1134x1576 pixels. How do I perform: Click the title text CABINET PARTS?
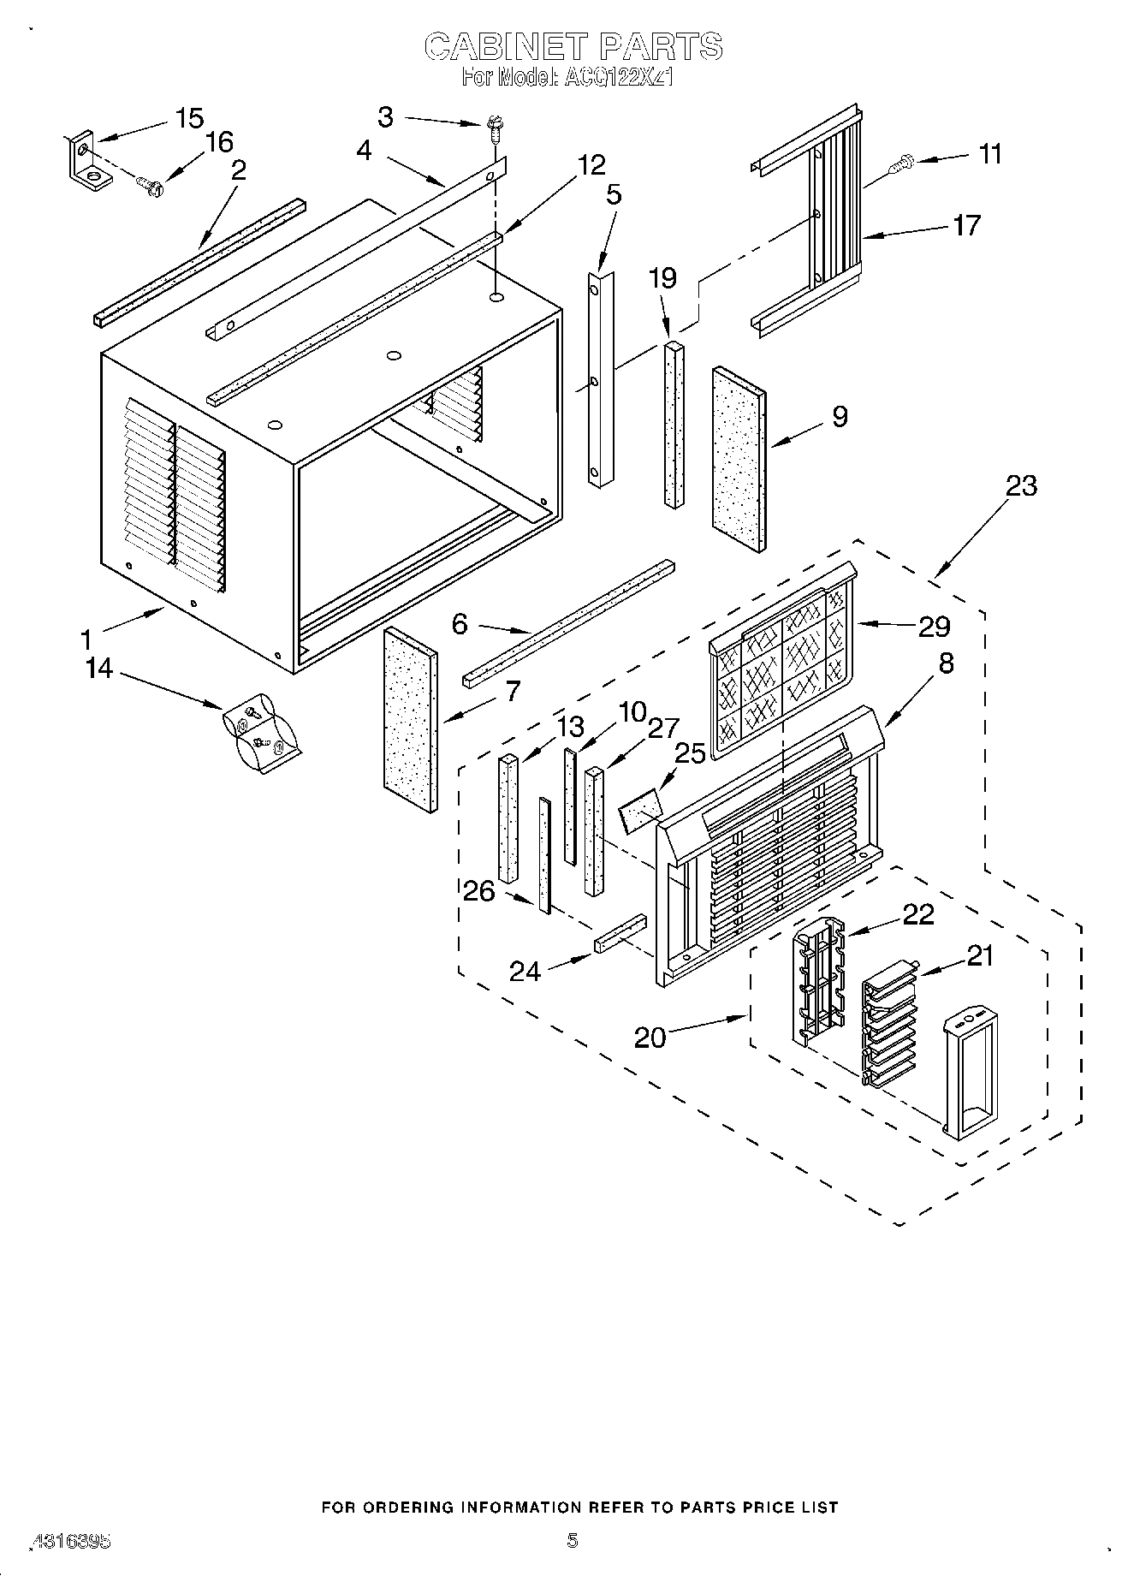click(x=573, y=46)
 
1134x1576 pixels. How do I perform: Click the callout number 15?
click(x=189, y=118)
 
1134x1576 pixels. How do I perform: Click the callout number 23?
click(x=1021, y=486)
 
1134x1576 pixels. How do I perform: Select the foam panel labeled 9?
click(x=738, y=460)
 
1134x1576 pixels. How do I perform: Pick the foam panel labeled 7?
click(x=411, y=720)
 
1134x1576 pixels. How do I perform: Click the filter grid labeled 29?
click(x=781, y=664)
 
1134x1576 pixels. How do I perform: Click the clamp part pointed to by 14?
click(x=260, y=734)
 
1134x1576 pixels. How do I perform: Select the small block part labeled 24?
click(x=620, y=933)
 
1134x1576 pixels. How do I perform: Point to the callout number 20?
click(x=650, y=1038)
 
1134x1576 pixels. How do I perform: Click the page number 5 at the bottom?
click(x=573, y=1541)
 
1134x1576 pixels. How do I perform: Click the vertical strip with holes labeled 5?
click(x=601, y=379)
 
